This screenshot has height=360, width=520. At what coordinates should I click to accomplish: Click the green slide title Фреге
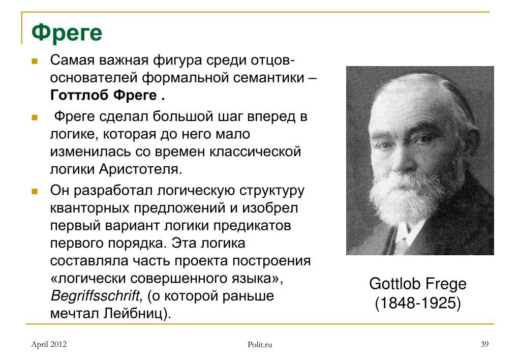(x=67, y=33)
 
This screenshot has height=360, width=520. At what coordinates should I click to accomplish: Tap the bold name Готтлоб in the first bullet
(x=79, y=95)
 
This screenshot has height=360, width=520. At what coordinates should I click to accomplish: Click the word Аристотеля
(x=141, y=169)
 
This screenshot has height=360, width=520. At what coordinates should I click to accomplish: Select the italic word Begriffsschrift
(x=97, y=295)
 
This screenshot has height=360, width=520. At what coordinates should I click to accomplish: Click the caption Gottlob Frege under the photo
(x=418, y=284)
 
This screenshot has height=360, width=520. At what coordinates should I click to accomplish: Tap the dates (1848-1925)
(x=418, y=303)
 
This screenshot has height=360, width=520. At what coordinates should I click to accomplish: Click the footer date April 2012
(x=49, y=344)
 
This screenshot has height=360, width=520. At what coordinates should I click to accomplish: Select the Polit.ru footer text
(x=260, y=345)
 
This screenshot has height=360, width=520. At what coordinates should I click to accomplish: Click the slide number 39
(x=484, y=344)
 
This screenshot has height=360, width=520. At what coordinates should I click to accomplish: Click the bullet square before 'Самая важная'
(x=35, y=61)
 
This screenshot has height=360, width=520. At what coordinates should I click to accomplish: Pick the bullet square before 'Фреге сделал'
(x=35, y=117)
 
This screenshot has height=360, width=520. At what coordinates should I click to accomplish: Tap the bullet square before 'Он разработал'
(x=35, y=192)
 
